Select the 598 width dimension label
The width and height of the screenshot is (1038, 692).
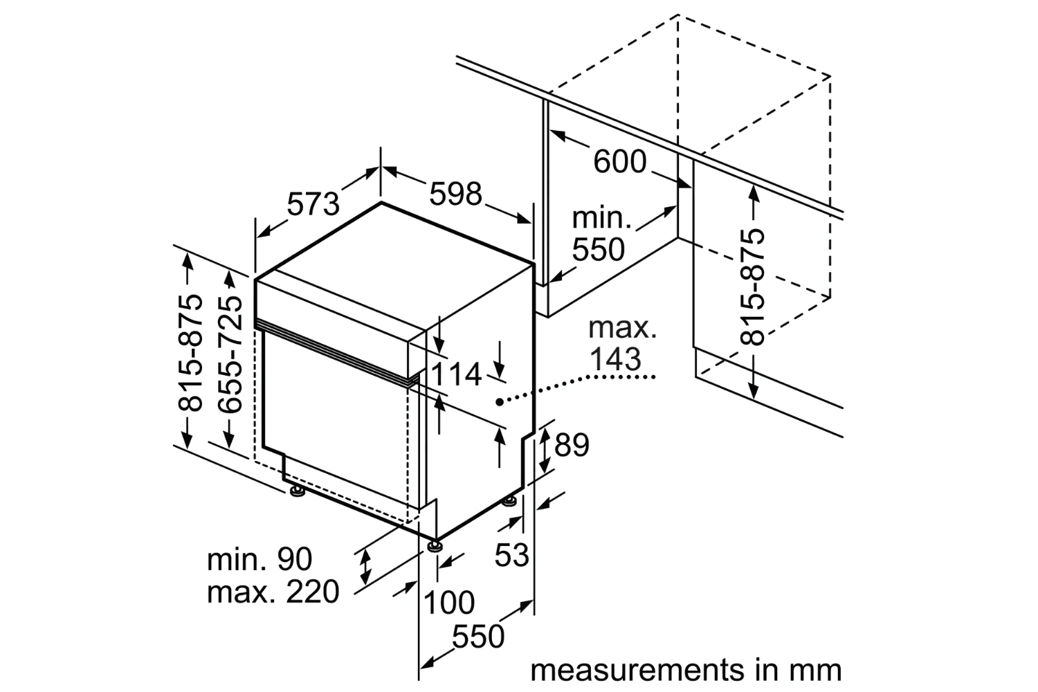point(455,194)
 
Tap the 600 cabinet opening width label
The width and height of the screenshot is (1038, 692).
point(619,163)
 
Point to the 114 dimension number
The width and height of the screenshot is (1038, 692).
point(457,374)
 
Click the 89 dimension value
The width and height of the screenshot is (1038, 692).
point(572,445)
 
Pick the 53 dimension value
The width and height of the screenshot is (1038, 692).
point(512,554)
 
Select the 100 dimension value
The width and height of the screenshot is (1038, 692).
point(448,603)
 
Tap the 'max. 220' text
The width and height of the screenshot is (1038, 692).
point(273,592)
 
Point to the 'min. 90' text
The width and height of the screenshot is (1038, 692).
point(259,559)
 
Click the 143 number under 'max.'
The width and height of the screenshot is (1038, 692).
point(614,359)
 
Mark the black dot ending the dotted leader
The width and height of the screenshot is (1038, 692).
point(499,401)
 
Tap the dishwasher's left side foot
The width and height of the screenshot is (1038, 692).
point(298,492)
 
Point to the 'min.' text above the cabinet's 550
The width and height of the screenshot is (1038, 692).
point(601,219)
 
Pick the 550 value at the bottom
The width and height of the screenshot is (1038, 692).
point(477,637)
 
